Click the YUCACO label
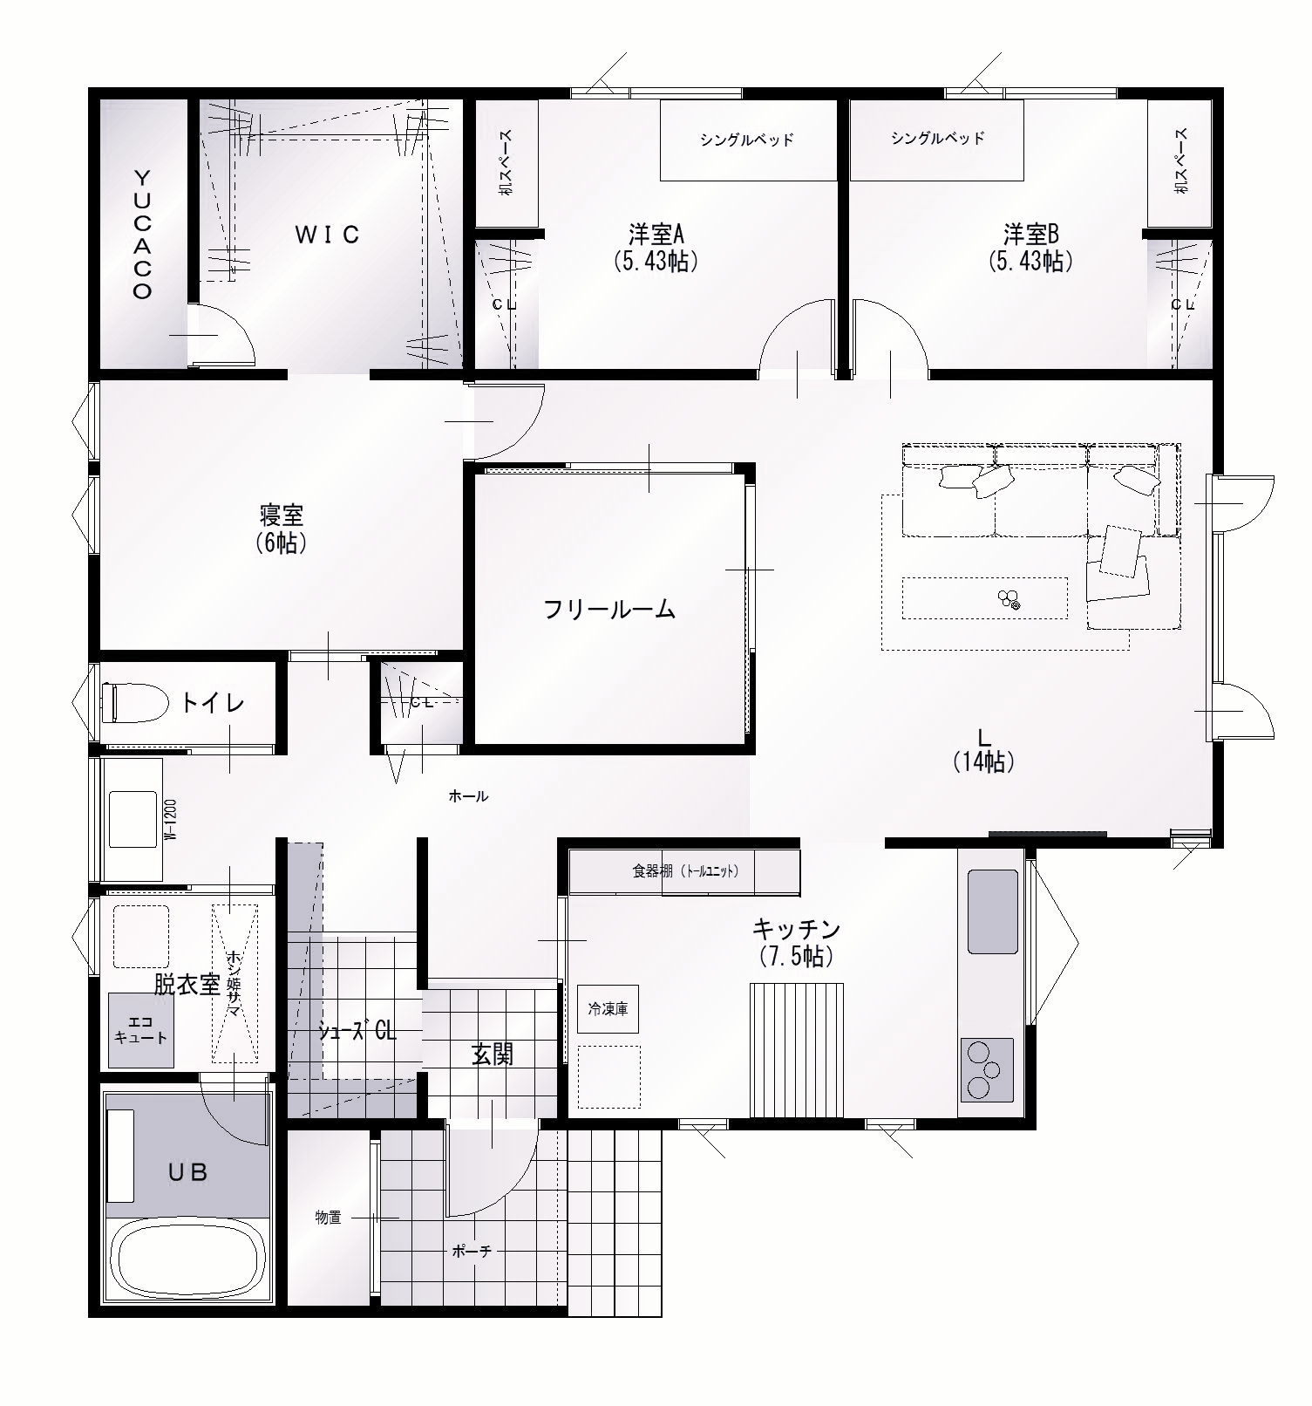click(x=142, y=235)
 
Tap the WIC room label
click(x=326, y=235)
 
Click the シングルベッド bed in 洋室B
click(x=937, y=140)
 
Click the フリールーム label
click(x=609, y=610)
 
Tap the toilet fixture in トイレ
click(x=134, y=703)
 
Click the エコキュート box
click(x=141, y=1031)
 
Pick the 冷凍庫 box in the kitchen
click(x=608, y=1010)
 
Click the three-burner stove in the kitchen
click(x=987, y=1069)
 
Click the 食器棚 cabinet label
click(x=686, y=870)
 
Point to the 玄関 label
click(x=493, y=1054)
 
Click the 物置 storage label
click(x=328, y=1218)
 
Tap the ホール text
click(x=468, y=796)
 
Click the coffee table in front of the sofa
click(x=984, y=598)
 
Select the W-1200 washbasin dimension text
click(x=172, y=819)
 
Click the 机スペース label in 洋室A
click(x=506, y=163)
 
